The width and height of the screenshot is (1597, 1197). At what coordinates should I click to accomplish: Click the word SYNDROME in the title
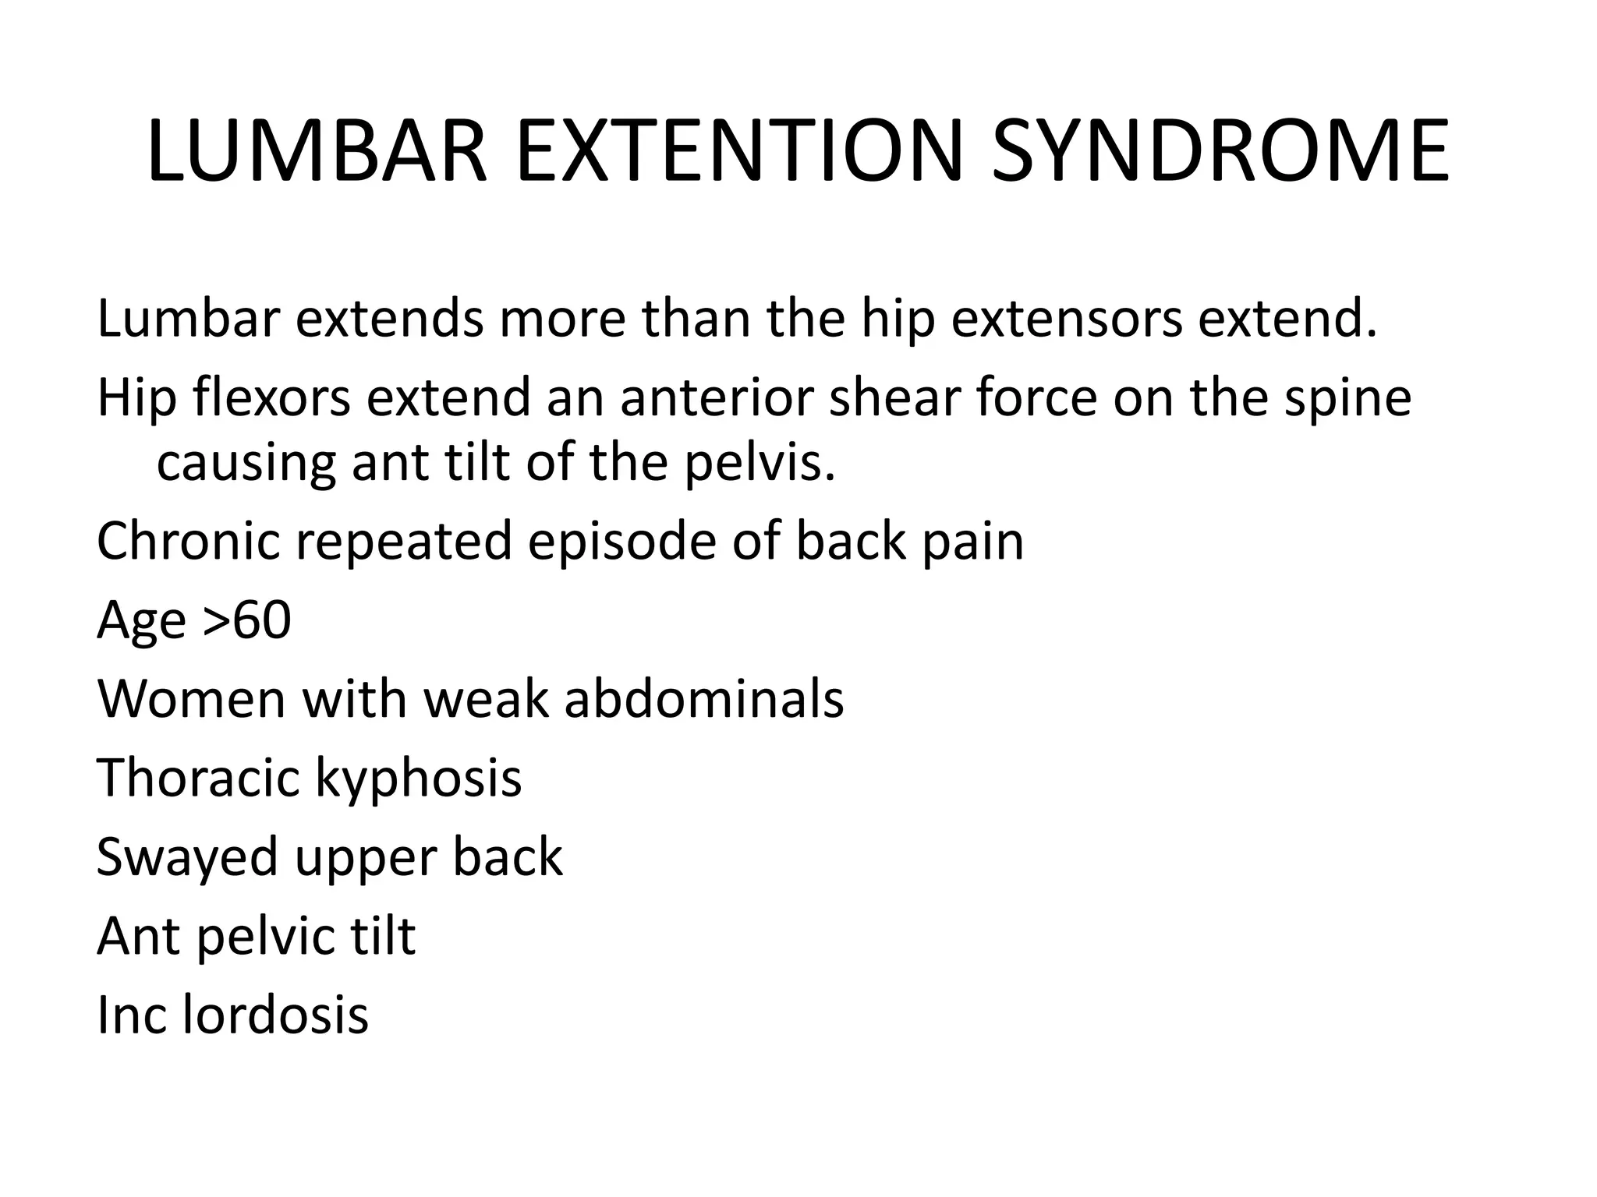coord(1220,152)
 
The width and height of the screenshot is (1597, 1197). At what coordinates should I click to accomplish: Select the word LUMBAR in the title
coord(317,152)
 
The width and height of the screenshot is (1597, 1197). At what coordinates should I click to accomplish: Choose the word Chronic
coord(188,541)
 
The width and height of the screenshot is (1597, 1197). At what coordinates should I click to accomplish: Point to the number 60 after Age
coord(262,621)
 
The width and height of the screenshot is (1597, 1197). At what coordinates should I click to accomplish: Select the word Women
coord(192,698)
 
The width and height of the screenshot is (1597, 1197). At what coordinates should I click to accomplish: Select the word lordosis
coord(275,1015)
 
